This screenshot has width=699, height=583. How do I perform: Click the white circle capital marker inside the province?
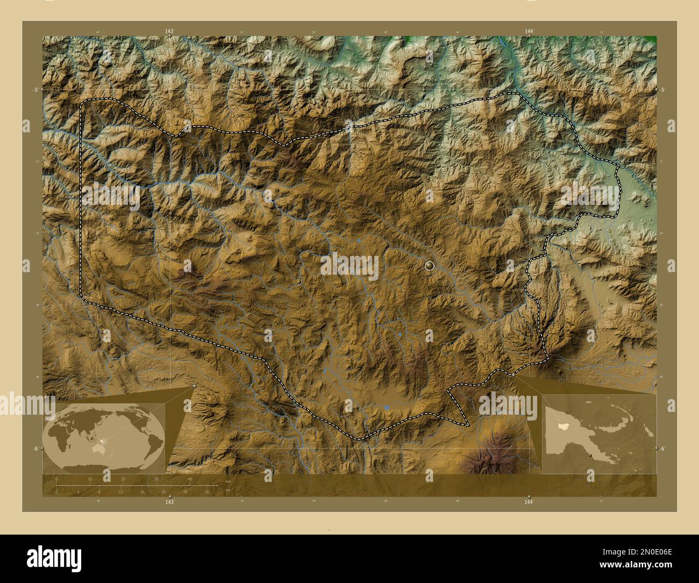(429, 265)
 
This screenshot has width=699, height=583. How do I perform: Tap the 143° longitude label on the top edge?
(169, 32)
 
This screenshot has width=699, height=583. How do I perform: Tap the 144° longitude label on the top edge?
(529, 32)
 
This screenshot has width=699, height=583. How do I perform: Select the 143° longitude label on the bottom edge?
(169, 502)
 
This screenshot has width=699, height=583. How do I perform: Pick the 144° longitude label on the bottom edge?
(529, 502)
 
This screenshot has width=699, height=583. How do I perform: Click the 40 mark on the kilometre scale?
(190, 479)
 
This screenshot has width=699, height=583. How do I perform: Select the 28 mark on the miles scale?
(206, 491)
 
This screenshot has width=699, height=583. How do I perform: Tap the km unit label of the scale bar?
(229, 481)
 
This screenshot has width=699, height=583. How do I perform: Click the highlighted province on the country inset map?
(562, 425)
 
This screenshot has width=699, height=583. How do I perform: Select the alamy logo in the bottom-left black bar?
(54, 557)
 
